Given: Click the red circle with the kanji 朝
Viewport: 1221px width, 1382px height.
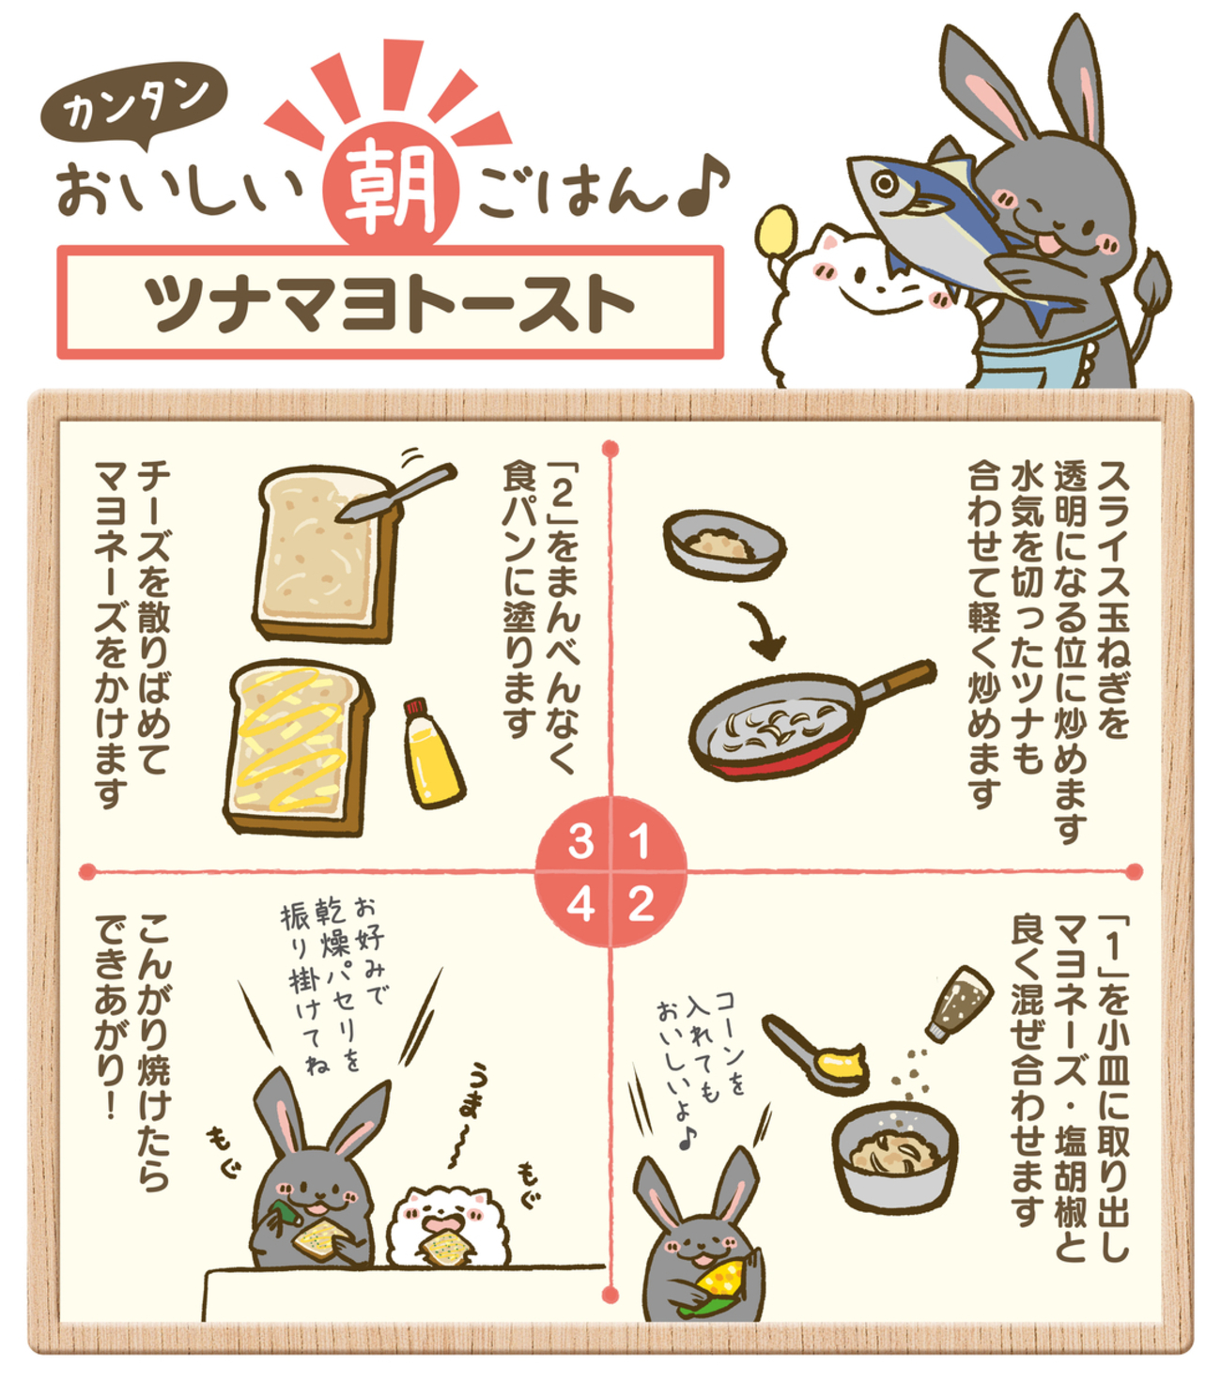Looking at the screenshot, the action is [391, 187].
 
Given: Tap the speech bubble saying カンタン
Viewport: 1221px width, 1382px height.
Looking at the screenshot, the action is [134, 106].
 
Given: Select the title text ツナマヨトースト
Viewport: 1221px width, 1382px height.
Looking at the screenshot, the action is [390, 303].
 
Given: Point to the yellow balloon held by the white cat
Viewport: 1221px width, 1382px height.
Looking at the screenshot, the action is [777, 231].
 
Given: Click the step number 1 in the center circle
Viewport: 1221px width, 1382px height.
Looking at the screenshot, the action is [641, 842].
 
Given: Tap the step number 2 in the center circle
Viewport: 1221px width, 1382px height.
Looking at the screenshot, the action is [641, 904].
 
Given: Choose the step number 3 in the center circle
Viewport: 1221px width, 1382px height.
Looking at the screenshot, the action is [580, 842].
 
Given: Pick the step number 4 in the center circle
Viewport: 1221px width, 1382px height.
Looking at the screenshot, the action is [580, 904].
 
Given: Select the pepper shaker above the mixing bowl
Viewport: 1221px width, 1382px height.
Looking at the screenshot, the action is [959, 1003].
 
